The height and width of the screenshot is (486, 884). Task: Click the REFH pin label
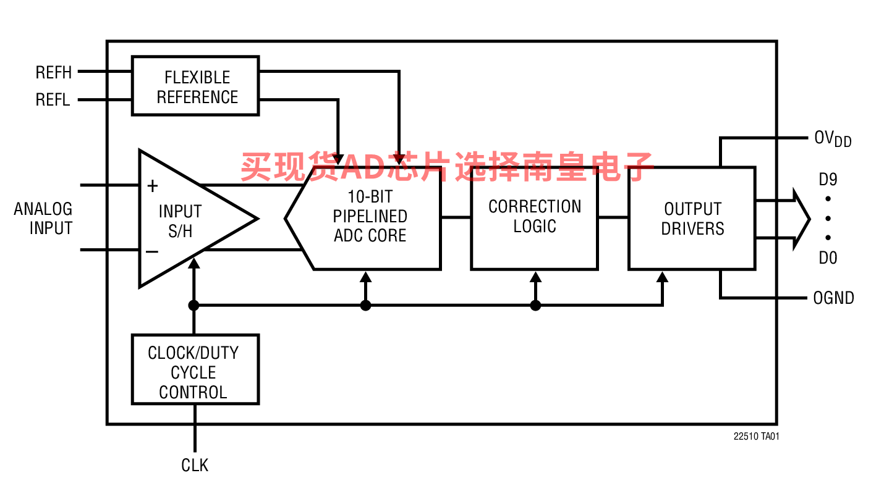tap(54, 72)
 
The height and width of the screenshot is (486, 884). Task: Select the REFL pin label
tap(53, 99)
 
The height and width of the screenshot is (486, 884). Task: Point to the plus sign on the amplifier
tap(152, 186)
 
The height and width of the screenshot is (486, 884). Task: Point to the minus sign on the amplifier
tap(152, 251)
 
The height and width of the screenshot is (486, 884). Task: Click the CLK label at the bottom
tap(195, 465)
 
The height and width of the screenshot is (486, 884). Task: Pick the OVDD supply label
tap(833, 139)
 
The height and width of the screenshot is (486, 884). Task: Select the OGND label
tap(833, 298)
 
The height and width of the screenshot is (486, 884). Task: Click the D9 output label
tap(828, 179)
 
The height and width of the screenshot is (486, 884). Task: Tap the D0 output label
tap(828, 258)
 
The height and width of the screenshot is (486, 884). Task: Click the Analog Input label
tap(43, 219)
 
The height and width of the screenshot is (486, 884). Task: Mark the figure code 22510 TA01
tap(756, 437)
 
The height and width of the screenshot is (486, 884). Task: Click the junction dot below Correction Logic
tap(535, 305)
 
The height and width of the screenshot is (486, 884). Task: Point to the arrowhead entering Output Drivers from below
tap(662, 277)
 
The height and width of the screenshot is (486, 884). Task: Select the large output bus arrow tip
tap(810, 219)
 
